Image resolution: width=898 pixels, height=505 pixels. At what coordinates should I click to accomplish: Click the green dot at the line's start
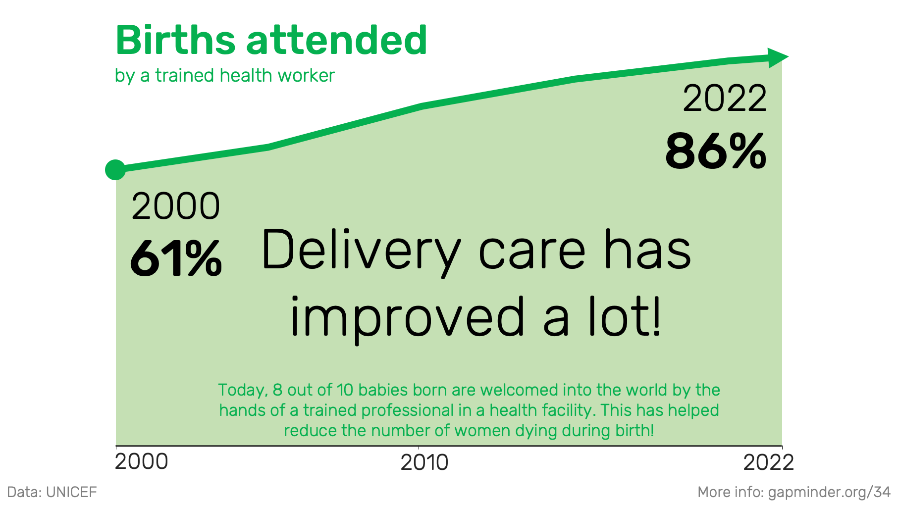point(115,170)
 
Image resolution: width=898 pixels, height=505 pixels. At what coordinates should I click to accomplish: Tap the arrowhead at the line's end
point(778,58)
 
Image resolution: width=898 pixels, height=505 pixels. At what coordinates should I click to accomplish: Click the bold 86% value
point(716,151)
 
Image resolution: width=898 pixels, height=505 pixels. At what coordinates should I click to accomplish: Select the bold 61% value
point(176,258)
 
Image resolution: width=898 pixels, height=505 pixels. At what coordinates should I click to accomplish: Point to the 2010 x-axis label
point(424,462)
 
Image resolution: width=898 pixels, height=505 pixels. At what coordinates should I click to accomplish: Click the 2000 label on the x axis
point(142,461)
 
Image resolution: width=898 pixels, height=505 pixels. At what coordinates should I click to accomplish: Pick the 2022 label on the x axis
point(768,462)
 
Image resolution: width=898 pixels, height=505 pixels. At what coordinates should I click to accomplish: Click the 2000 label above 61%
point(176,206)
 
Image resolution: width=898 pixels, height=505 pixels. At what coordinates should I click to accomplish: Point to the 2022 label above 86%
point(725,99)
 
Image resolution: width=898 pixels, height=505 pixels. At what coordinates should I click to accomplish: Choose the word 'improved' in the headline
point(407,317)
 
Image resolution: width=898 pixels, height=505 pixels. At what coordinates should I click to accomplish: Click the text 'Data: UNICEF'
point(52,492)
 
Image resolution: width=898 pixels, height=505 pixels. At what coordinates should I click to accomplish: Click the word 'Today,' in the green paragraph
point(243,390)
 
